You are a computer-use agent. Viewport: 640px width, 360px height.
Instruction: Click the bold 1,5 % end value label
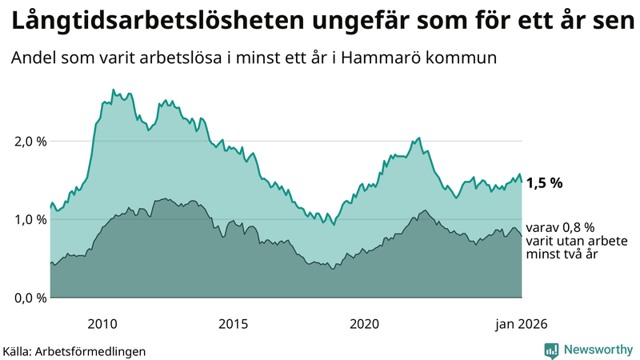pyautogui.click(x=545, y=182)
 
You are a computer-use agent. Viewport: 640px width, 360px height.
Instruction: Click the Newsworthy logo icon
pyautogui.click(x=551, y=350)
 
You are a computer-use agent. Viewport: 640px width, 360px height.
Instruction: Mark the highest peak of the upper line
pyautogui.click(x=113, y=90)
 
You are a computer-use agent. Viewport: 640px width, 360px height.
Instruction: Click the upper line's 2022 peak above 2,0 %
pyautogui.click(x=419, y=138)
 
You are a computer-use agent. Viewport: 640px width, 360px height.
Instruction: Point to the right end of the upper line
pyautogui.click(x=522, y=181)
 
